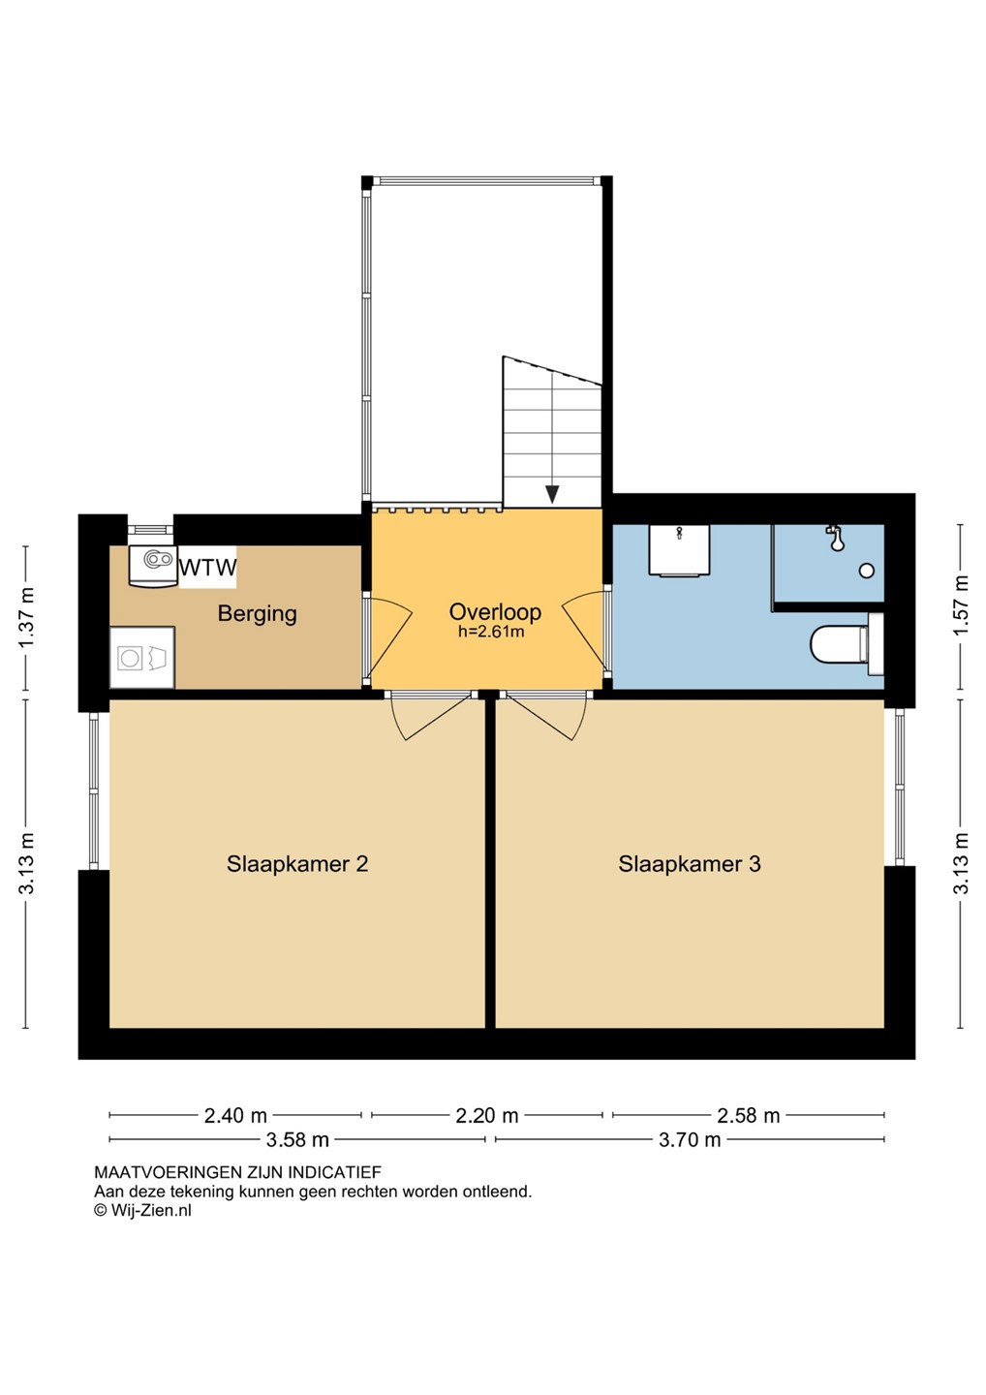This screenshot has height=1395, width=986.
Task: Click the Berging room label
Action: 257,614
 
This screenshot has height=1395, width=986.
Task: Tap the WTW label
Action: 208,568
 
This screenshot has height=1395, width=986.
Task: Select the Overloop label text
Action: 495,611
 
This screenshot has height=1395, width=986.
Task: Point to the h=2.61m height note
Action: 491,632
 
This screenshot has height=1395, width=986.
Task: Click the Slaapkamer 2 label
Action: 297,864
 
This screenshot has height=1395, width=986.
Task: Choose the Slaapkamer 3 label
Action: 689,864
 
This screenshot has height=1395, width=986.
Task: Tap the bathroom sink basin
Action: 679,550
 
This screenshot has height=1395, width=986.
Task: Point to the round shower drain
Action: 867,570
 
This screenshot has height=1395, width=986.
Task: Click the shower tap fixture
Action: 835,538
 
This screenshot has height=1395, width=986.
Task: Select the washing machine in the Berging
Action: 142,658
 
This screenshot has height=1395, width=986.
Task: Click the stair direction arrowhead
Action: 551,494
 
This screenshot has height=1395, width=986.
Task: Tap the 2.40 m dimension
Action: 235,1115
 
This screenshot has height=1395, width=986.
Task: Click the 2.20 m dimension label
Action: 487,1115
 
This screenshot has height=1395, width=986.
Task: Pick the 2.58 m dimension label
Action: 748,1115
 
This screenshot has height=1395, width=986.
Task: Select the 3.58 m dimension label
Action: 297,1140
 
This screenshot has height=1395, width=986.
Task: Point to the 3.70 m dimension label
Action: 690,1140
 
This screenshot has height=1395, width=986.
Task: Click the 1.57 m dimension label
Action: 961,605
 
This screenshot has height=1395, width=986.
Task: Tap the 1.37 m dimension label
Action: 27,618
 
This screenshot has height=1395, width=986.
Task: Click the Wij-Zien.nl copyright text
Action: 142,1210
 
